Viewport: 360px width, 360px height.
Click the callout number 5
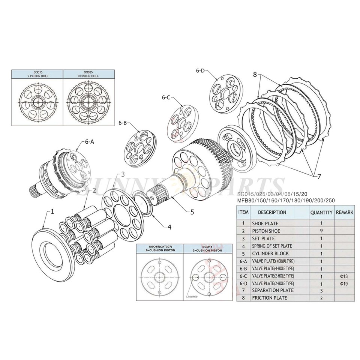click(192, 212)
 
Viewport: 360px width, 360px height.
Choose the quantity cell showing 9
click(321, 231)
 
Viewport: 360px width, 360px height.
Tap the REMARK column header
click(344, 212)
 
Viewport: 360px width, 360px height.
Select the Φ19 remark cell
click(344, 283)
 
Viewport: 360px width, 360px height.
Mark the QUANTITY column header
click(321, 212)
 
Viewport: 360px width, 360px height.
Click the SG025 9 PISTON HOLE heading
click(88, 73)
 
